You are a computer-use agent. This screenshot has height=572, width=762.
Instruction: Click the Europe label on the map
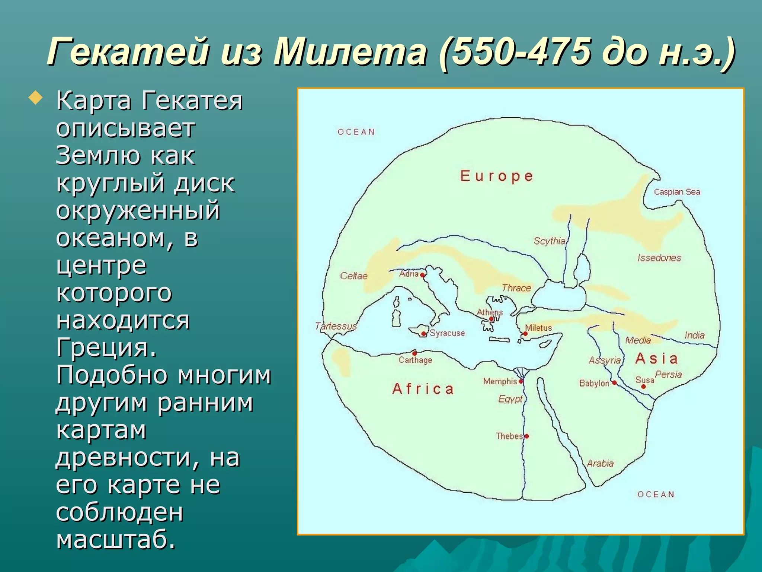497,176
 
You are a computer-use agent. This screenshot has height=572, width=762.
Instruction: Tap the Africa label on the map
423,389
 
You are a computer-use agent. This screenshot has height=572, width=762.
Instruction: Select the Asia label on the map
657,359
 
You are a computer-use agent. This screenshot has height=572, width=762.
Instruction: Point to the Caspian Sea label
677,192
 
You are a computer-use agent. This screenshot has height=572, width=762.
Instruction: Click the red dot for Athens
491,319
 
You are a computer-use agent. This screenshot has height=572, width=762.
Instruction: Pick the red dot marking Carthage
414,353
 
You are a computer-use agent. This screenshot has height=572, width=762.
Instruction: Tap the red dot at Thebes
527,436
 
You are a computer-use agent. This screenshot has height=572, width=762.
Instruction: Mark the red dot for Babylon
614,383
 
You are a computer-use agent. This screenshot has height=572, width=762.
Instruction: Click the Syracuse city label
447,333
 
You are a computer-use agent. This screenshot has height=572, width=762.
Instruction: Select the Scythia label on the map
549,241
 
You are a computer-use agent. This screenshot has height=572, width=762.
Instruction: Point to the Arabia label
600,464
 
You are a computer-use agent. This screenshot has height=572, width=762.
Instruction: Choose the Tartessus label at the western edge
336,327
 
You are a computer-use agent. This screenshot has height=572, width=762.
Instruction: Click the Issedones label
659,258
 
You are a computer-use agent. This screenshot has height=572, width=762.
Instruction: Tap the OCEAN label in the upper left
356,132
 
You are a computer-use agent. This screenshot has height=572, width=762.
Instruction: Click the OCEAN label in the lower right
656,495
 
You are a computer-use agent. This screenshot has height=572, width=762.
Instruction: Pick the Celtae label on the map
353,276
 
